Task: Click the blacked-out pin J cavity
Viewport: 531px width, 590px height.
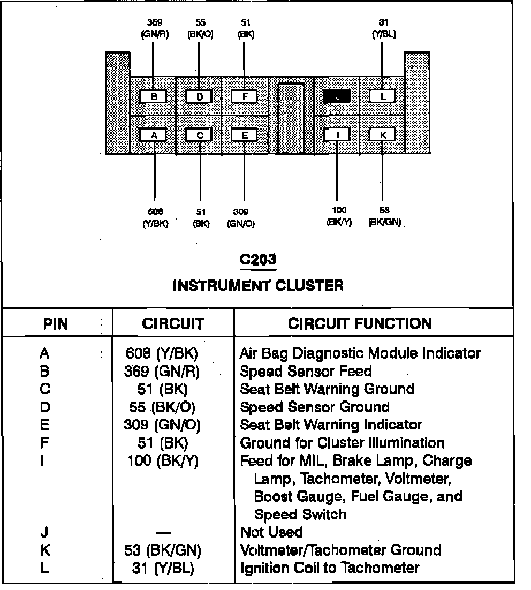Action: pos(337,96)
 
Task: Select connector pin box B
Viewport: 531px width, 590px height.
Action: pos(154,96)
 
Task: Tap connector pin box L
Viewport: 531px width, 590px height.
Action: pos(382,96)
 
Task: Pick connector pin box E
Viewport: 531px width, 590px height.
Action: pos(245,135)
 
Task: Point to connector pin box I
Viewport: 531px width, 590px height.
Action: pos(337,134)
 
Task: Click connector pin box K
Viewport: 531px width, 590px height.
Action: pos(382,134)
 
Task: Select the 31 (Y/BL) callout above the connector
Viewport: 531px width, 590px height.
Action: pos(383,29)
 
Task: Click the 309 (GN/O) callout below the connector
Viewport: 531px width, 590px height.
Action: pos(241,218)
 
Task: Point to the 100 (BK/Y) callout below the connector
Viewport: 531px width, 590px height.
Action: pos(339,217)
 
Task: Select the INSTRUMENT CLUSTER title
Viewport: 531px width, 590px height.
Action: pos(258,285)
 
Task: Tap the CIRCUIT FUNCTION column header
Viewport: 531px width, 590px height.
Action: pos(360,323)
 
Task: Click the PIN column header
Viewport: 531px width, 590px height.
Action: pos(56,324)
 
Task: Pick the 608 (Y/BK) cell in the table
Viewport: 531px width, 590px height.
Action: pos(162,353)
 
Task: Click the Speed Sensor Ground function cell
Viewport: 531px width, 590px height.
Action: pos(314,407)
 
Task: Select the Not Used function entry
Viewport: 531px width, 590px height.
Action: pos(271,532)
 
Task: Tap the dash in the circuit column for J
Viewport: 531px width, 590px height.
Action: pos(163,533)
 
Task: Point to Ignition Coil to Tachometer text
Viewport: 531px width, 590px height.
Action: pos(329,568)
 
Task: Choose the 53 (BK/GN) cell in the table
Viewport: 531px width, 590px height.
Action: pos(163,550)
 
